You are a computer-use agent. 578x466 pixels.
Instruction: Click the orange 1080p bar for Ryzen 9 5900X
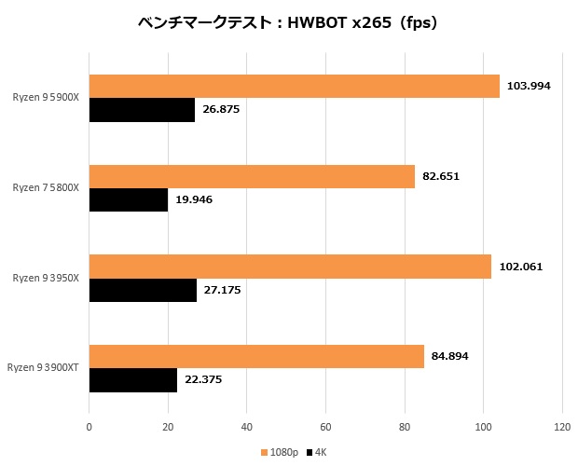pos(294,86)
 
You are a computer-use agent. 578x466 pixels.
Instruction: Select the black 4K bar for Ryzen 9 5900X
pos(142,110)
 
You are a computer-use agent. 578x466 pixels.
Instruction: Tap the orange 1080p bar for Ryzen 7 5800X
pos(252,176)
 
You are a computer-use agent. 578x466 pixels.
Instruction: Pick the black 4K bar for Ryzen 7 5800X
pos(128,199)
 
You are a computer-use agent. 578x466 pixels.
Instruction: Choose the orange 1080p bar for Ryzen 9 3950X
pos(290,267)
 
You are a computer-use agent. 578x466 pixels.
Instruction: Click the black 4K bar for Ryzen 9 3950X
pos(143,290)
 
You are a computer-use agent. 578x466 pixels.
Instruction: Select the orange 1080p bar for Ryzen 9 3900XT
pos(256,356)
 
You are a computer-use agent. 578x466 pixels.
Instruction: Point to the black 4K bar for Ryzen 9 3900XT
pos(132,380)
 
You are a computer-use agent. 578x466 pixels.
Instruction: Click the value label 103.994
pos(529,86)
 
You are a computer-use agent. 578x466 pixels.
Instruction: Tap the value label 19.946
pos(194,199)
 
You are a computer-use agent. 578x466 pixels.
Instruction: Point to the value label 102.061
pos(520,267)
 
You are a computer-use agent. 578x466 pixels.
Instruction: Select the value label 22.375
pos(203,380)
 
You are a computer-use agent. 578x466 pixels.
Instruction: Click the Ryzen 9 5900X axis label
pos(46,97)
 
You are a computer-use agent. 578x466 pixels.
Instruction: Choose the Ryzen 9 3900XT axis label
pos(43,368)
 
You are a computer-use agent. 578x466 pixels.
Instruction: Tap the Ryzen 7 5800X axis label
pos(46,187)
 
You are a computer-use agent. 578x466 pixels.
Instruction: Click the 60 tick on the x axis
pos(325,428)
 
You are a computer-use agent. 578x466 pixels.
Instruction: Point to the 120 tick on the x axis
pos(561,428)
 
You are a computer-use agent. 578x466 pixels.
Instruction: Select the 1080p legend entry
pos(279,452)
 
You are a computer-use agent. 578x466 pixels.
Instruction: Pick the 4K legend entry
pos(317,452)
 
